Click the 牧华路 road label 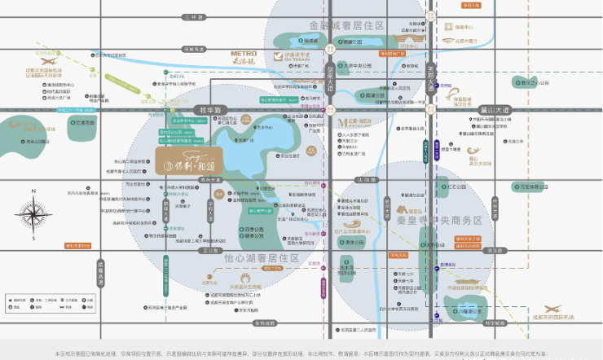[209, 108]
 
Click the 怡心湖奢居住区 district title [261, 258]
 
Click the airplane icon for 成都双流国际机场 [46, 61]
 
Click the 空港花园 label [85, 122]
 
